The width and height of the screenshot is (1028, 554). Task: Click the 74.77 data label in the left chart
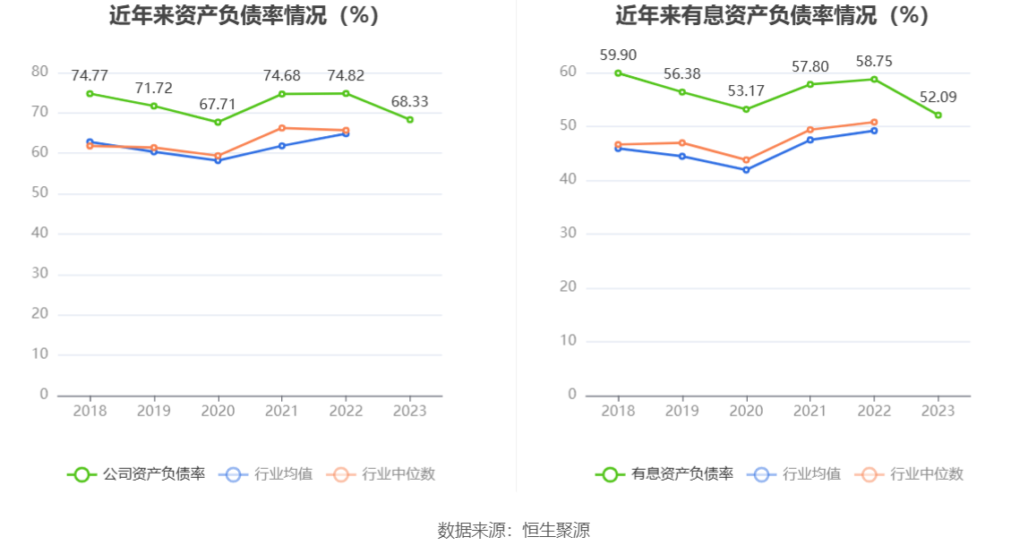point(90,75)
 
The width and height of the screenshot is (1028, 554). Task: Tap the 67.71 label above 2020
point(218,105)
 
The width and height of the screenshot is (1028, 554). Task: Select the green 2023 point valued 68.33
point(410,119)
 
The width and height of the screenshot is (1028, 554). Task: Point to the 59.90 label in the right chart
point(618,55)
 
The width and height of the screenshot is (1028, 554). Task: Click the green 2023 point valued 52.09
point(938,115)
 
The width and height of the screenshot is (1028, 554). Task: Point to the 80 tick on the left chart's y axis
point(40,72)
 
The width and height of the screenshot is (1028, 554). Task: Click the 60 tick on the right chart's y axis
point(569,72)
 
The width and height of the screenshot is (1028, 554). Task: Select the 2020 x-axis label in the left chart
point(218,411)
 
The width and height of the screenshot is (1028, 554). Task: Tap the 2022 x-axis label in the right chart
point(874,411)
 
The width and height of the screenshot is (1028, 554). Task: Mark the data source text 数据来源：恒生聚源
point(514,530)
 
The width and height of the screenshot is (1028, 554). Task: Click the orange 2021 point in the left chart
point(282,128)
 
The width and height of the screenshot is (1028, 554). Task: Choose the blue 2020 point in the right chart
point(746,170)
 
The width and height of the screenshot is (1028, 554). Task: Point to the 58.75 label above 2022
point(874,62)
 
